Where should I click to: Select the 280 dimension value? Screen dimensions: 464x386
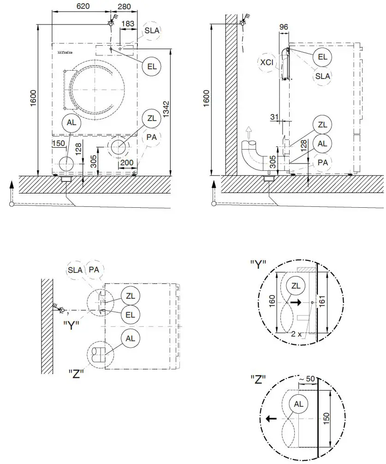click(x=124, y=6)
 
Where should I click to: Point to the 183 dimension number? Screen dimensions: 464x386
click(x=128, y=23)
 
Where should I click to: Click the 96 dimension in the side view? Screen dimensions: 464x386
click(x=284, y=27)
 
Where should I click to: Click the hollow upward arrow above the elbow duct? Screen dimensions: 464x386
click(x=249, y=133)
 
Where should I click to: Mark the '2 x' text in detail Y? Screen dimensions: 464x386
click(x=297, y=333)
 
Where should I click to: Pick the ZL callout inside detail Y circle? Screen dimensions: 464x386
click(x=296, y=286)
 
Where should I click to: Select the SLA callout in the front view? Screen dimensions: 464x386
click(x=152, y=30)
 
